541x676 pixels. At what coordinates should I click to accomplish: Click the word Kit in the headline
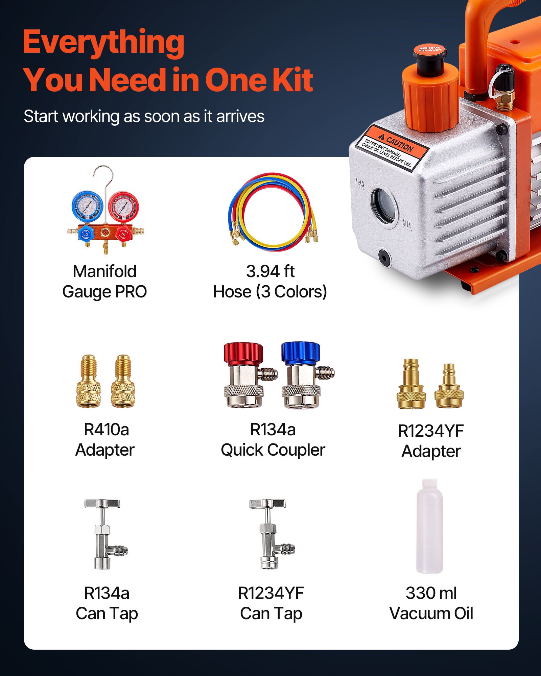click(x=292, y=80)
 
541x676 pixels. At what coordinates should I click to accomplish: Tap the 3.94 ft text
click(x=270, y=271)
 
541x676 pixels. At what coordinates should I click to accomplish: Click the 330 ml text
click(x=431, y=593)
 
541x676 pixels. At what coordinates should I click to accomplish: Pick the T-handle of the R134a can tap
click(x=102, y=504)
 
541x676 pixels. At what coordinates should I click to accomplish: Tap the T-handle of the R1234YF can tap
click(x=267, y=504)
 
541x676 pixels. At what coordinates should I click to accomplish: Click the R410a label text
click(x=106, y=430)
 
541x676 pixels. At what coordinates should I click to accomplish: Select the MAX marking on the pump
click(x=360, y=183)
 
